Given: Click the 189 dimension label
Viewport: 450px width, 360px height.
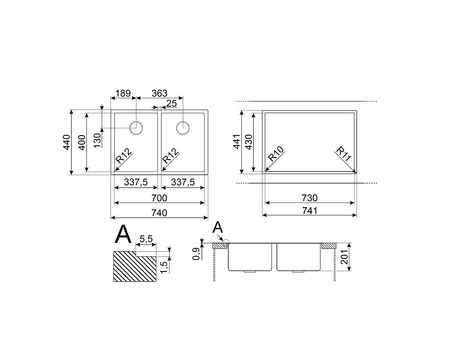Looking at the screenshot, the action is tap(123, 93).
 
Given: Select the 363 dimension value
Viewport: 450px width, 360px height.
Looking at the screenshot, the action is tap(159, 93).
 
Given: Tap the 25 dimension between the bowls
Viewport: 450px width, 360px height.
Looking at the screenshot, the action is tap(171, 104).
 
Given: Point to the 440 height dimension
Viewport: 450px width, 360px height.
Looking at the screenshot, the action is tap(67, 142).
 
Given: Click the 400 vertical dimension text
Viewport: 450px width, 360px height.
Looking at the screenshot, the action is tap(82, 142).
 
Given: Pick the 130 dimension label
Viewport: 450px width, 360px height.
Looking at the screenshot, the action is tap(97, 140).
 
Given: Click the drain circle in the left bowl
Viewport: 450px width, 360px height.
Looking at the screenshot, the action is tap(136, 127).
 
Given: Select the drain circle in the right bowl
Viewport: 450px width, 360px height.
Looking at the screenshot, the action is tap(183, 127).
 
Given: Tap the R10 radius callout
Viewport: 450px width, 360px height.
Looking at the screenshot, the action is tap(276, 154).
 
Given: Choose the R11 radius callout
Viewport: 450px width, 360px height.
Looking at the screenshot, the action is tap(344, 154).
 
